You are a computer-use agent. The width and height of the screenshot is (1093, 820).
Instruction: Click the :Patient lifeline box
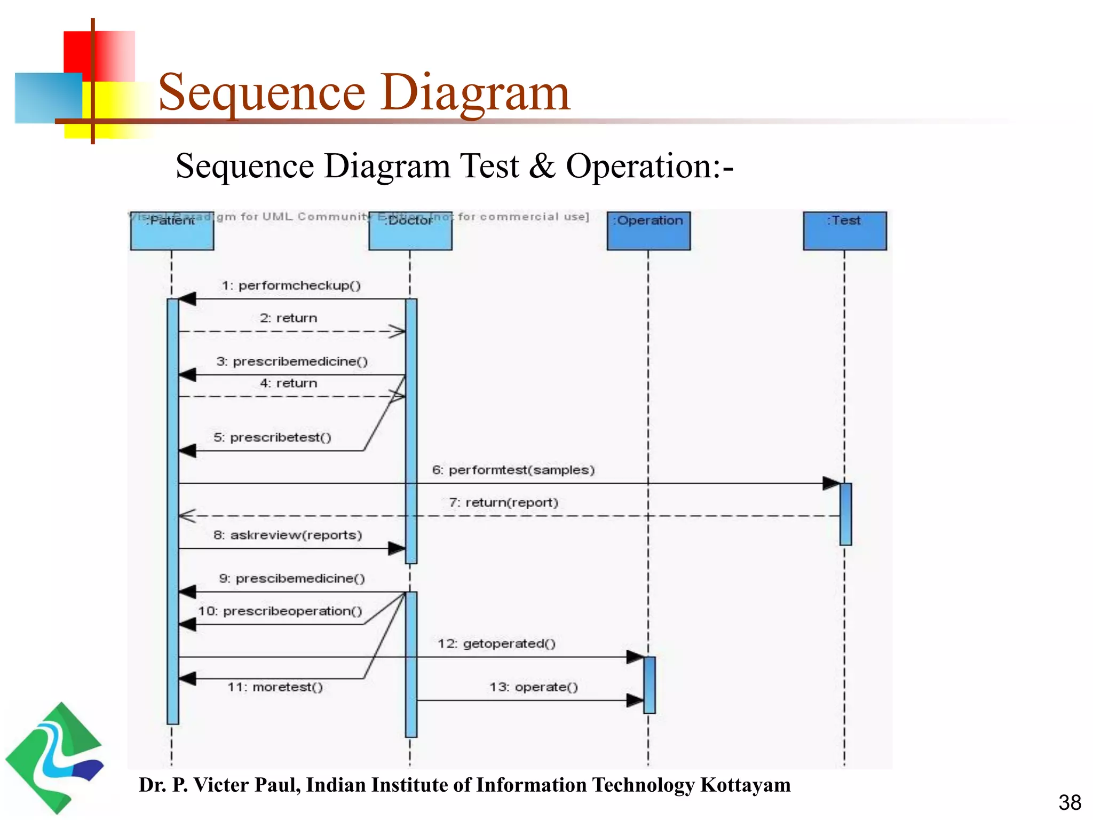pos(172,231)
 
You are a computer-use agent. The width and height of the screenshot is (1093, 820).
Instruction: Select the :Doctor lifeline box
pos(410,231)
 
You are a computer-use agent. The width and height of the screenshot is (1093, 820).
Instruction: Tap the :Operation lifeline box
pos(648,231)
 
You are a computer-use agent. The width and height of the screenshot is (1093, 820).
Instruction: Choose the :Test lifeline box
pos(844,231)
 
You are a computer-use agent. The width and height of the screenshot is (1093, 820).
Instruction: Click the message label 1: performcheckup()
pos(291,286)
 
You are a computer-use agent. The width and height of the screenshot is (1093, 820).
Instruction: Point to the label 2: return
pos(288,318)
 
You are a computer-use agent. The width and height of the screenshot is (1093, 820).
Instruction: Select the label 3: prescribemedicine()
pos(292,361)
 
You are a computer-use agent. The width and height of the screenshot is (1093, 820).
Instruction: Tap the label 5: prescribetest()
pos(272,437)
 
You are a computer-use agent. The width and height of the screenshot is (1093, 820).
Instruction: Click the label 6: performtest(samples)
pos(513,470)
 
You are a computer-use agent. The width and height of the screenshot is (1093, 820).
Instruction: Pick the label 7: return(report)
pos(503,502)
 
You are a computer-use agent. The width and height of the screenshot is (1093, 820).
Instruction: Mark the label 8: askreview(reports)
pos(288,535)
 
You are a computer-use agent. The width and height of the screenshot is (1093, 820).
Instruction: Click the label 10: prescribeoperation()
pos(280,611)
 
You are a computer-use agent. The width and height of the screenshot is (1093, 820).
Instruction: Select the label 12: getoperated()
pos(496,643)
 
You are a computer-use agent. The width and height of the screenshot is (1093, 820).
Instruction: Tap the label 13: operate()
pos(534,687)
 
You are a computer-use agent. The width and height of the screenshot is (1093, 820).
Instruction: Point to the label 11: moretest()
pos(275,687)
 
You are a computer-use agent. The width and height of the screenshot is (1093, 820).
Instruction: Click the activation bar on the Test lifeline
pos(845,514)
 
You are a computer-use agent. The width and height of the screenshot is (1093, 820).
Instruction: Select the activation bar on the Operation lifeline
pos(649,685)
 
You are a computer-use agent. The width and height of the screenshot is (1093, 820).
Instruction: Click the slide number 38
pos(1070,802)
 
